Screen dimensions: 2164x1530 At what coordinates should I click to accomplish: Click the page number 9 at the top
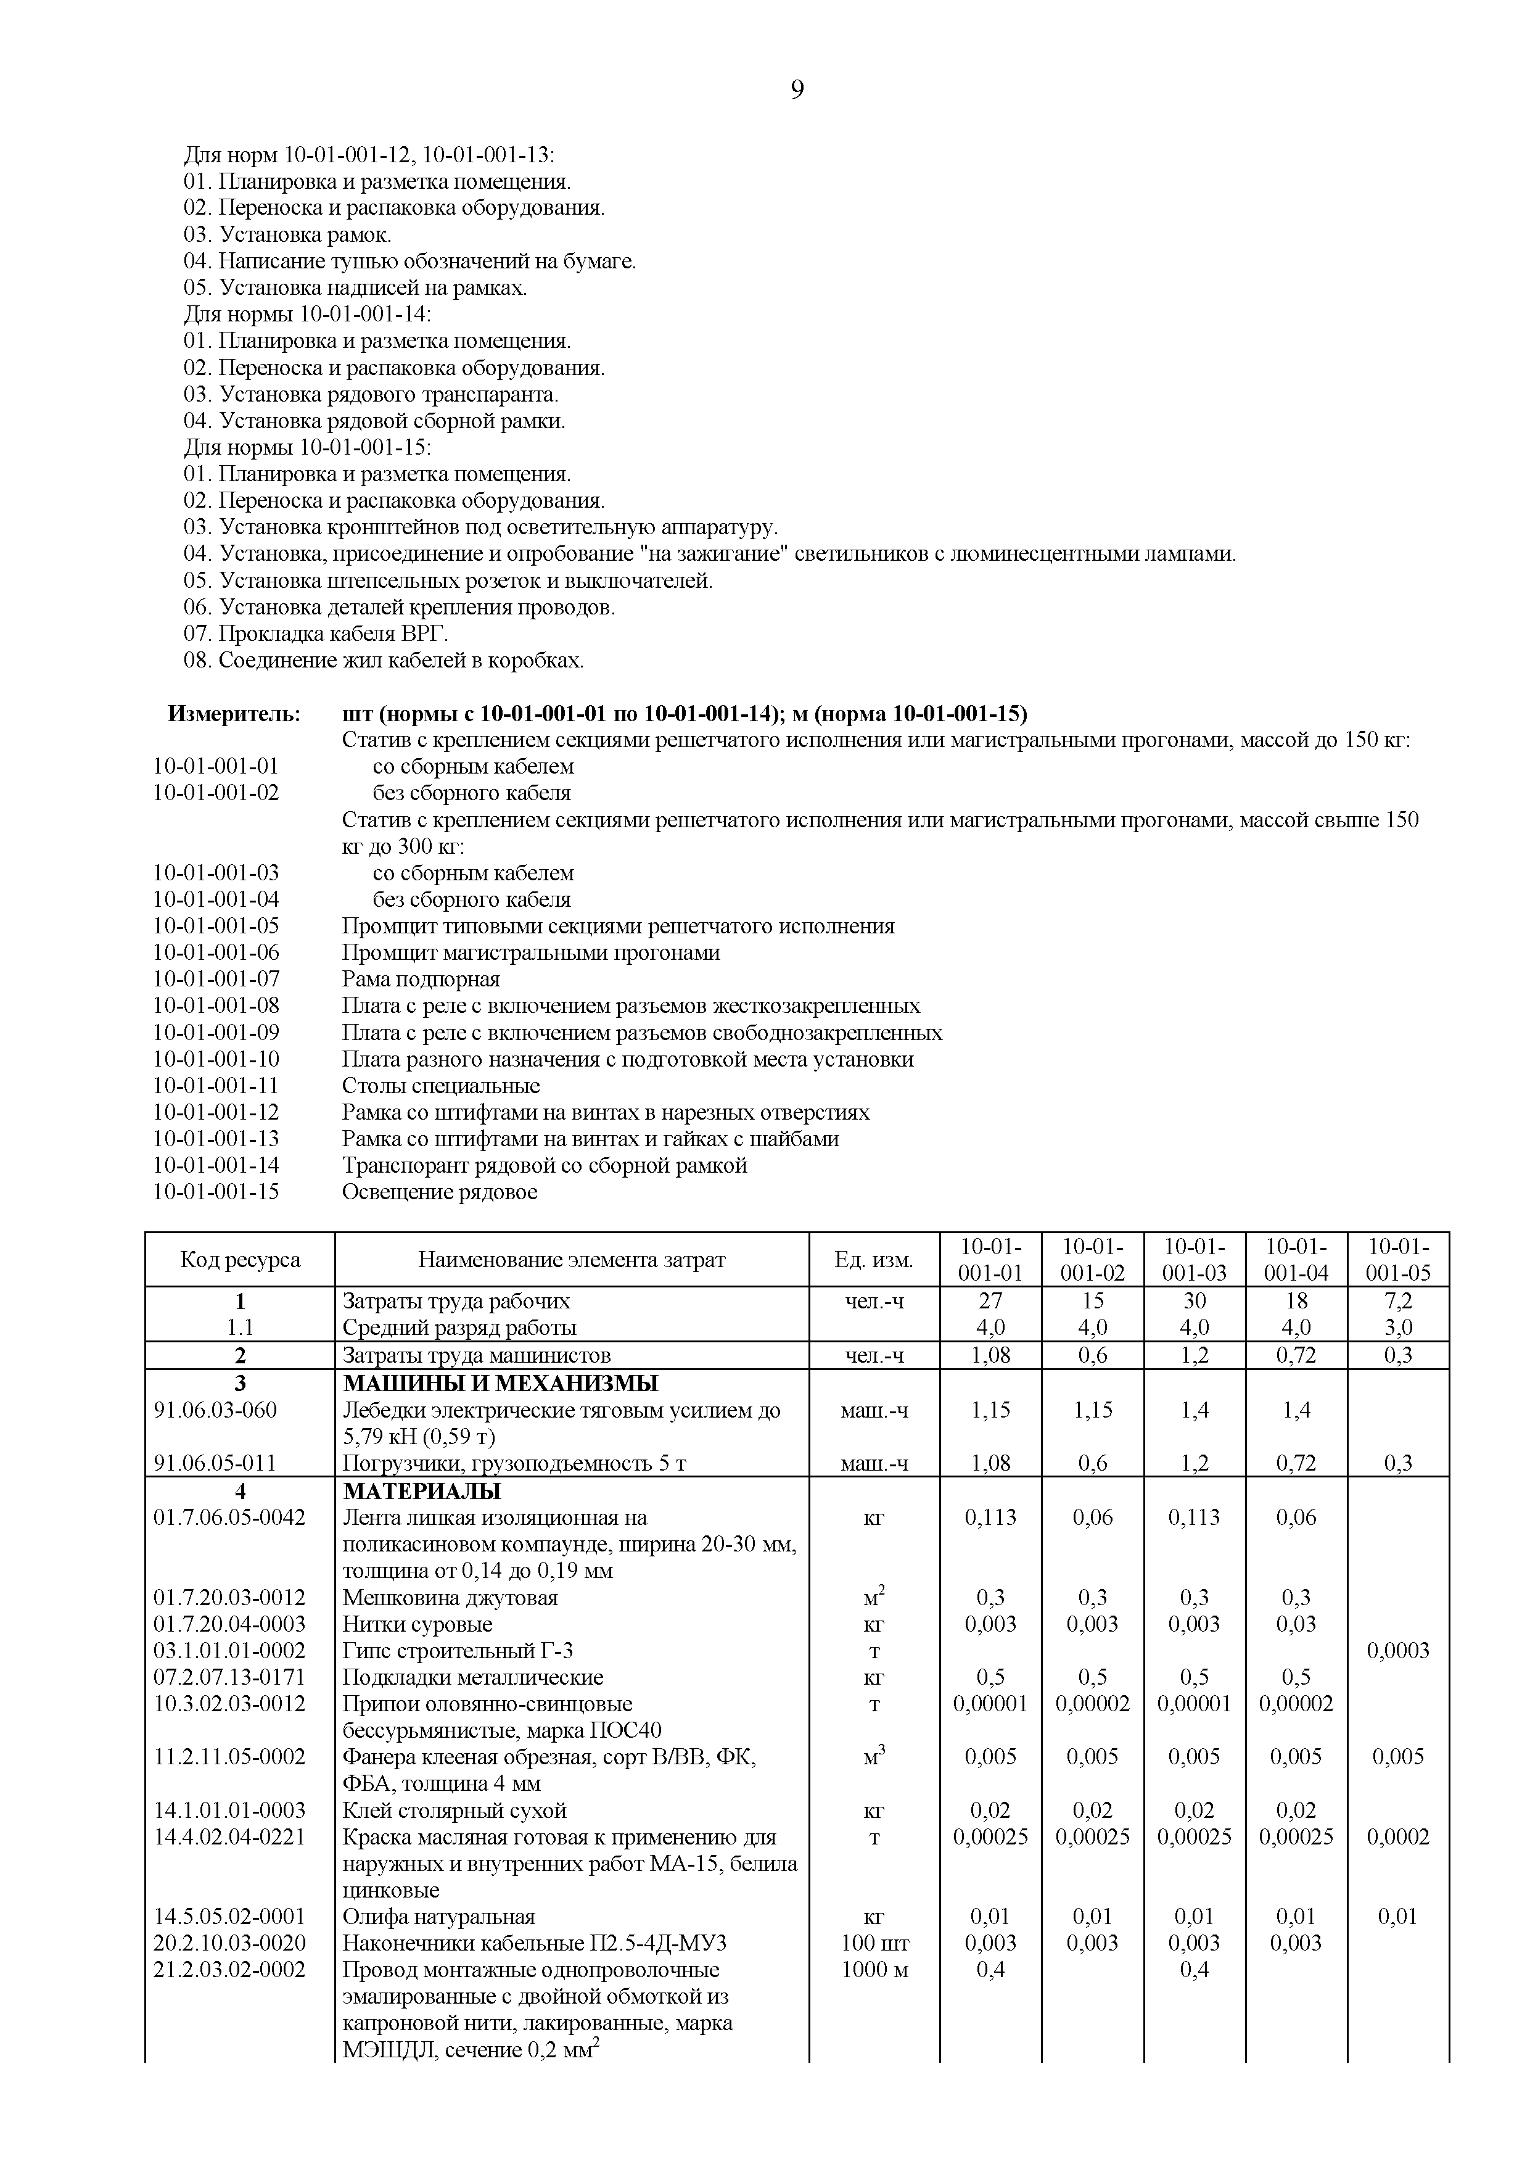797,91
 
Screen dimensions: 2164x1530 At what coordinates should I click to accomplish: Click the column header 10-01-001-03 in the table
1194,1259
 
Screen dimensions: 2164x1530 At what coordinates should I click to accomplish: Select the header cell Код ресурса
241,1259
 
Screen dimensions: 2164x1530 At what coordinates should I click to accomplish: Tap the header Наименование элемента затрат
572,1259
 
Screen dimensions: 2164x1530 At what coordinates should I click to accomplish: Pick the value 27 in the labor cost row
990,1300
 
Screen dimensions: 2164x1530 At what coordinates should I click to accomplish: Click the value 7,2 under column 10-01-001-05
1397,1300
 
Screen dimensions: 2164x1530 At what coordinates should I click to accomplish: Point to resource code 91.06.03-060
216,1410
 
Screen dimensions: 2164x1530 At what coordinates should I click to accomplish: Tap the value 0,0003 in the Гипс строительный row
1397,1650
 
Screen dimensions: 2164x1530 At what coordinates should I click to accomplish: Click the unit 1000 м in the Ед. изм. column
874,1970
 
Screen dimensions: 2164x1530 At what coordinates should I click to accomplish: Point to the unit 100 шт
874,1943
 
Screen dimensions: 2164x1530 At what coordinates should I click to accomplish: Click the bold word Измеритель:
234,714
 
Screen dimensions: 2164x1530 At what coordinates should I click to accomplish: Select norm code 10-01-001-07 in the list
216,978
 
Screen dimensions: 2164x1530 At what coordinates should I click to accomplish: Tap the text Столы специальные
441,1085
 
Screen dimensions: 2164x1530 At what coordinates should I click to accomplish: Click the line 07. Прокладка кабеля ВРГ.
316,634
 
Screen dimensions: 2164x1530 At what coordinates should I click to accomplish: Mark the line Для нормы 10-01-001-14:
307,314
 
